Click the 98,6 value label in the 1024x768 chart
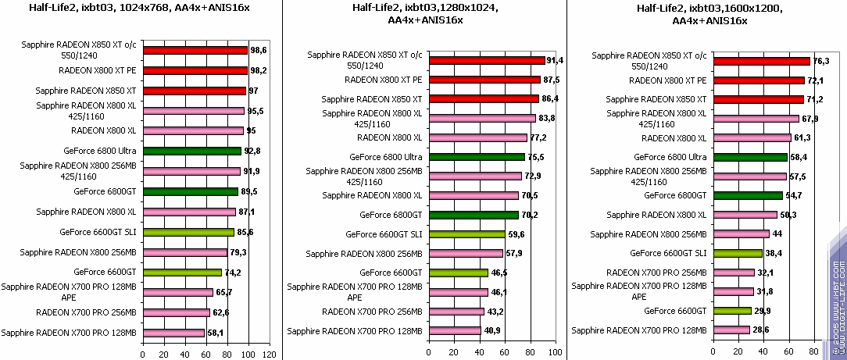coord(259,50)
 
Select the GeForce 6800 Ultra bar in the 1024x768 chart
coord(193,151)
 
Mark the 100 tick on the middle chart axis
coord(555,352)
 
